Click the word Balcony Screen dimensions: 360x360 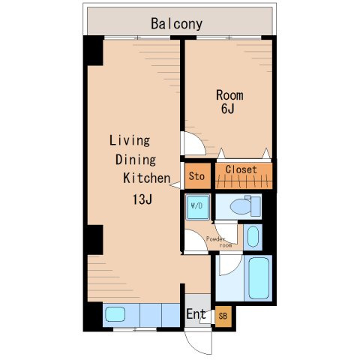176,24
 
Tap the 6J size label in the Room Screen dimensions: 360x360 228,109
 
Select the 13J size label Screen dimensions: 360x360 142,199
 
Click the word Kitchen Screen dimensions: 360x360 147,178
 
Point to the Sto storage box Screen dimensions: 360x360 197,176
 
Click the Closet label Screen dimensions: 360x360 241,169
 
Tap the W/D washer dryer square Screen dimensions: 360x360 197,207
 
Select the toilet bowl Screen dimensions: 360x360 241,207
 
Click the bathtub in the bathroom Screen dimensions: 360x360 259,278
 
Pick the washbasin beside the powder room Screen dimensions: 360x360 253,237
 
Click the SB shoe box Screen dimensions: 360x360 223,316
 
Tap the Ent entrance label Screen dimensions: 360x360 196,314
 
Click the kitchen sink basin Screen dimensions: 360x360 115,314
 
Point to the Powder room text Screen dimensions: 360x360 219,242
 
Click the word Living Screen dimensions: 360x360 130,140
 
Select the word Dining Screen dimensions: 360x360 136,160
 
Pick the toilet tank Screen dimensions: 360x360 256,206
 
